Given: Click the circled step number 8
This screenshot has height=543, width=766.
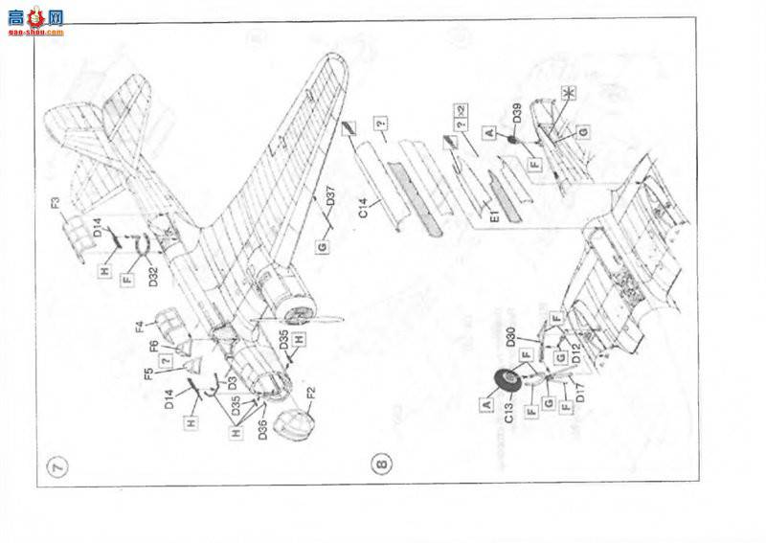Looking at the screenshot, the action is (382, 466).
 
